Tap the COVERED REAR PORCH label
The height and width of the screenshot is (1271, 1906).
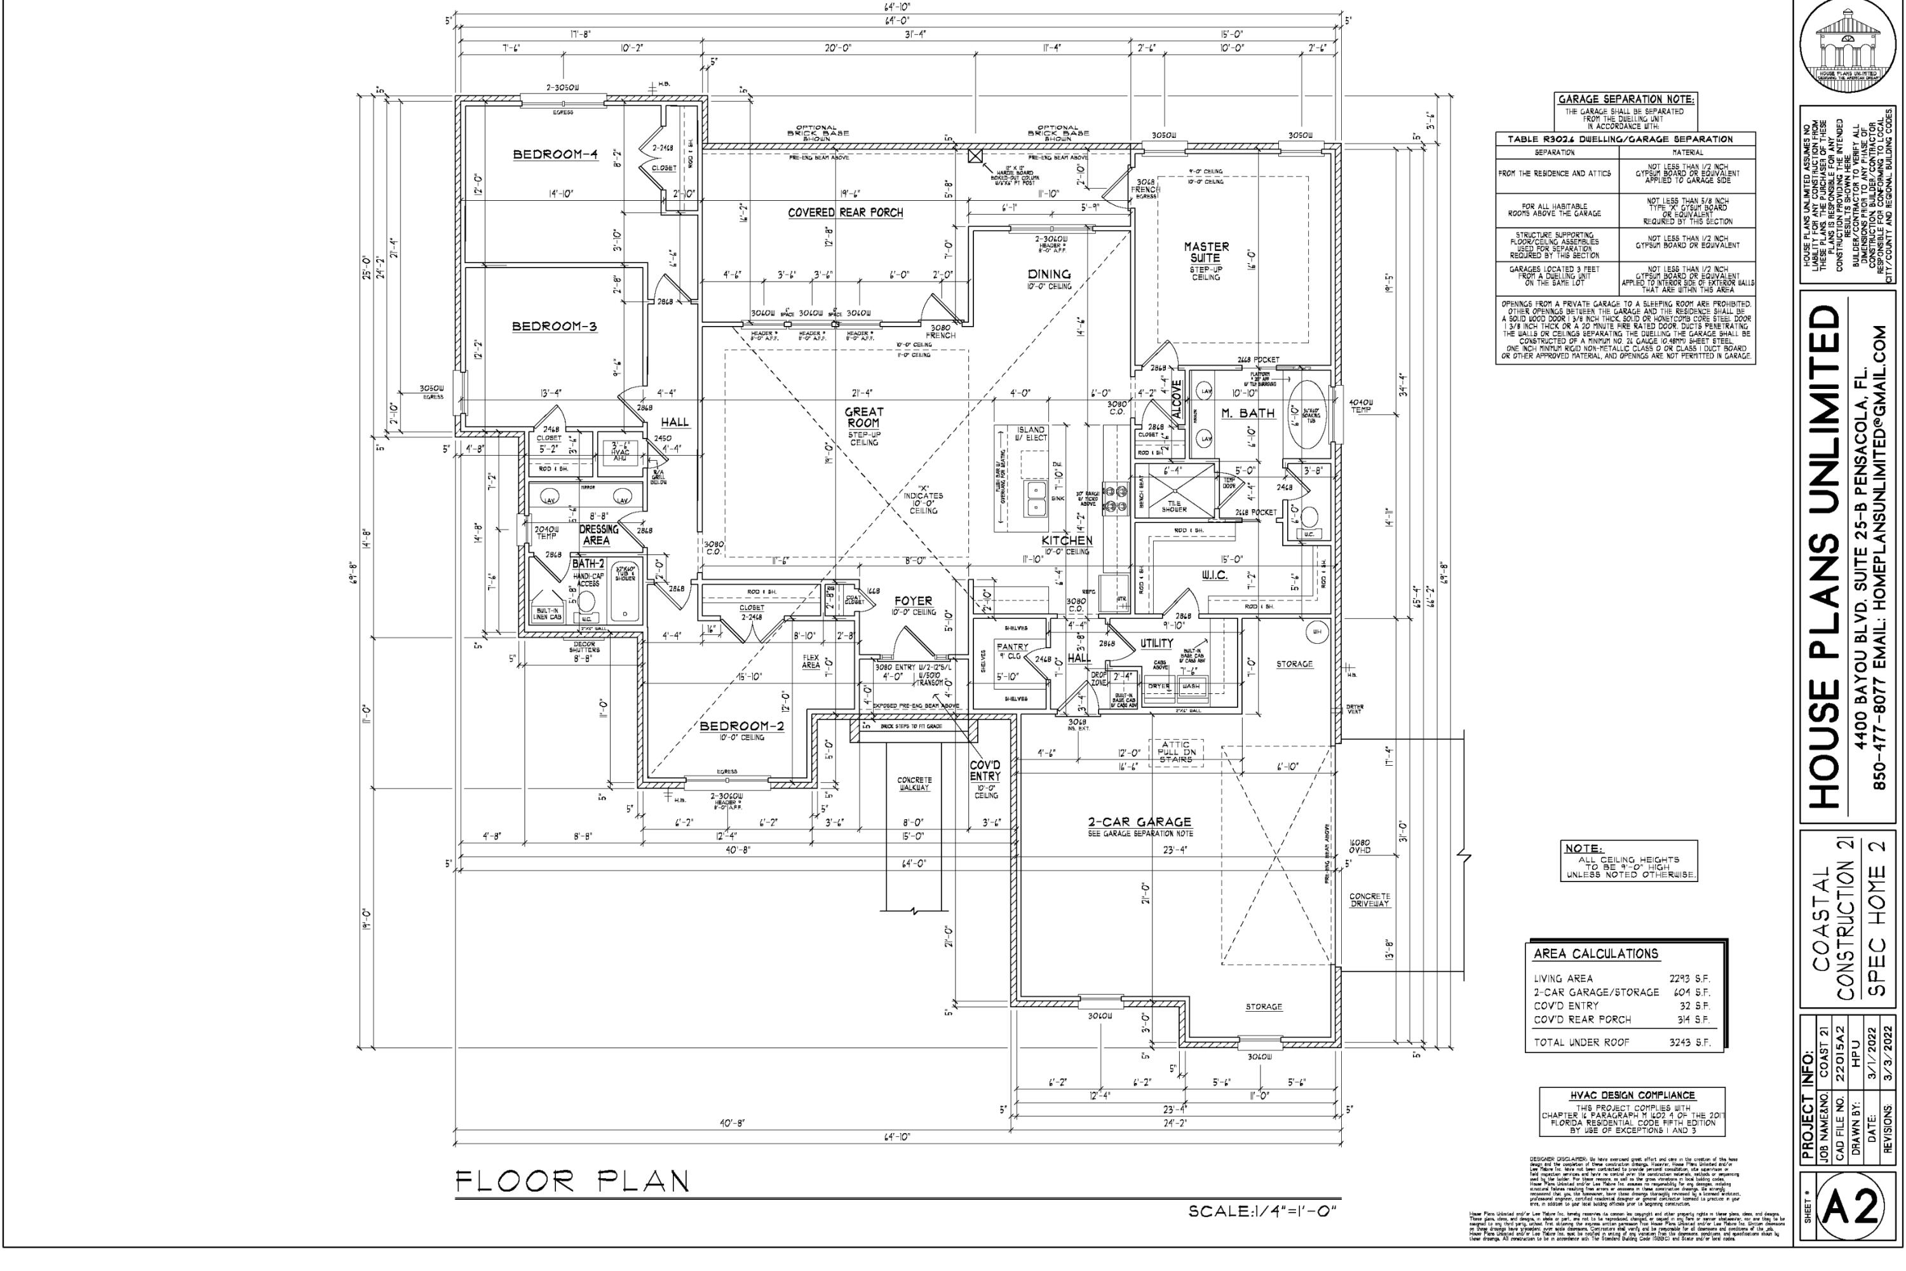(845, 213)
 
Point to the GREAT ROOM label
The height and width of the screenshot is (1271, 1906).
(864, 418)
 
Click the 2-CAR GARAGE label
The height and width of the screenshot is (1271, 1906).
(1139, 822)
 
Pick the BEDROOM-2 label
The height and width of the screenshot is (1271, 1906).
(741, 726)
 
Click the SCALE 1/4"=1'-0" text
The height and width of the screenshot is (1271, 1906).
(1262, 1212)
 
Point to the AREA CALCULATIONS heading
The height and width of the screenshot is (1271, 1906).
(1595, 954)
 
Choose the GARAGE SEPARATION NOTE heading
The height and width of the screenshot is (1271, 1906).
(1626, 100)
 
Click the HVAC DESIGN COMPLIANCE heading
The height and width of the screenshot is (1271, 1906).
(1632, 1095)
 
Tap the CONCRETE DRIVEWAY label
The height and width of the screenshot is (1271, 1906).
(1370, 900)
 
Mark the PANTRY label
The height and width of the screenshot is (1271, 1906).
(1012, 647)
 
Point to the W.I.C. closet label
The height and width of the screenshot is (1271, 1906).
(1215, 574)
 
